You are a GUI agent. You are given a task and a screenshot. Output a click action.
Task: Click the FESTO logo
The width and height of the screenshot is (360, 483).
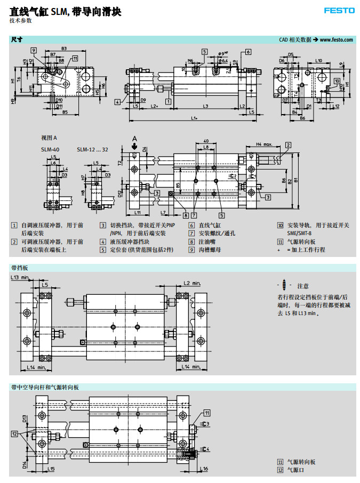coord(338,10)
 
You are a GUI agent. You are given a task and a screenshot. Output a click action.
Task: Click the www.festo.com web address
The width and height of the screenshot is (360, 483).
coord(336,39)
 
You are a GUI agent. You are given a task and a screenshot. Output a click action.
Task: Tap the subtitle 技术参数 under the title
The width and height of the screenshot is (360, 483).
coord(21,20)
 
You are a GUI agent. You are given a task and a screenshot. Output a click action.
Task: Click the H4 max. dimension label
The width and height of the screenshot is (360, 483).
coord(265,144)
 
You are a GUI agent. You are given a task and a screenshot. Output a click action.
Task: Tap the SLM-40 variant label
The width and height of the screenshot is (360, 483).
coord(49,150)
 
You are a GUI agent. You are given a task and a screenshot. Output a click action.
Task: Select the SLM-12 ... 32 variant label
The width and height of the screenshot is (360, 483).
coord(92,150)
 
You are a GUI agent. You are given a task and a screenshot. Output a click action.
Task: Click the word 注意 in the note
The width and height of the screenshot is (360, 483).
coord(302,286)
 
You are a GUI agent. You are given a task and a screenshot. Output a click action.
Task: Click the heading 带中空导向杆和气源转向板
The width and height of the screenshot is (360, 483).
coord(45,387)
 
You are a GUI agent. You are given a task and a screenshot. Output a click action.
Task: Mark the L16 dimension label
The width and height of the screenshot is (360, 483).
coord(205,469)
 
